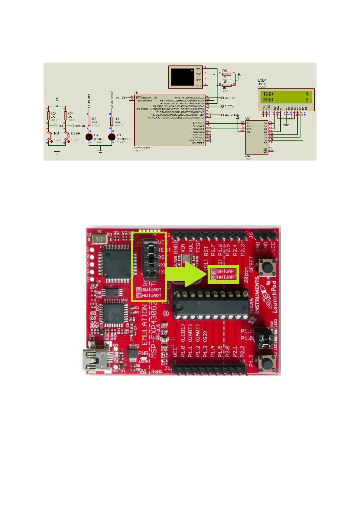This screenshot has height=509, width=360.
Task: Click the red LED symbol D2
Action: point(89,137)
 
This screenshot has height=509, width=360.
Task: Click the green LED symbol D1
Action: point(112,137)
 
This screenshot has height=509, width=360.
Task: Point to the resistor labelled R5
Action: point(227,74)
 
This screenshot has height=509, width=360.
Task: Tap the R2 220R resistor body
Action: point(89,121)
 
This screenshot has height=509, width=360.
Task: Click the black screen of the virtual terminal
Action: point(182,77)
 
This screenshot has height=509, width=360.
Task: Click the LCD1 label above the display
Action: point(262,80)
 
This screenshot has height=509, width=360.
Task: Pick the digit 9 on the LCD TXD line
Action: point(307,94)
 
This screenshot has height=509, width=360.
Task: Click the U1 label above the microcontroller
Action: point(137,93)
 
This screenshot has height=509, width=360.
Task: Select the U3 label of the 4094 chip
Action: point(248,118)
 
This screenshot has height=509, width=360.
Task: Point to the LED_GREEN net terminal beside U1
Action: point(223,115)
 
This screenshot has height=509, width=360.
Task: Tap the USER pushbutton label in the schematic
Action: point(76,133)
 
